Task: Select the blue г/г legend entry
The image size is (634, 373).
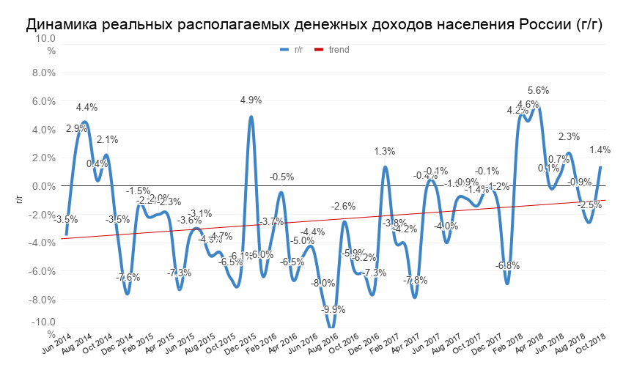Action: coord(292,50)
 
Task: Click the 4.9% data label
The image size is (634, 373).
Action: coord(251,100)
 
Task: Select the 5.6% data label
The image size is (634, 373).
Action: coord(539,90)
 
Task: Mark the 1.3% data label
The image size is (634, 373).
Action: coord(385,152)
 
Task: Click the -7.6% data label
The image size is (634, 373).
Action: coord(128,277)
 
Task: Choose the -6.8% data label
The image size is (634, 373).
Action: coord(507,265)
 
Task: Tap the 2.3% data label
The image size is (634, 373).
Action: coord(569,136)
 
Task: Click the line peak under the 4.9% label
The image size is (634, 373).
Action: coord(251,117)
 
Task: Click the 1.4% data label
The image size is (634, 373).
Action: coord(600,150)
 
